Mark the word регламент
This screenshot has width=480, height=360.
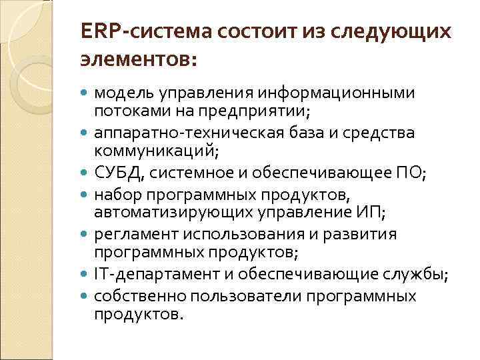(129, 235)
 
